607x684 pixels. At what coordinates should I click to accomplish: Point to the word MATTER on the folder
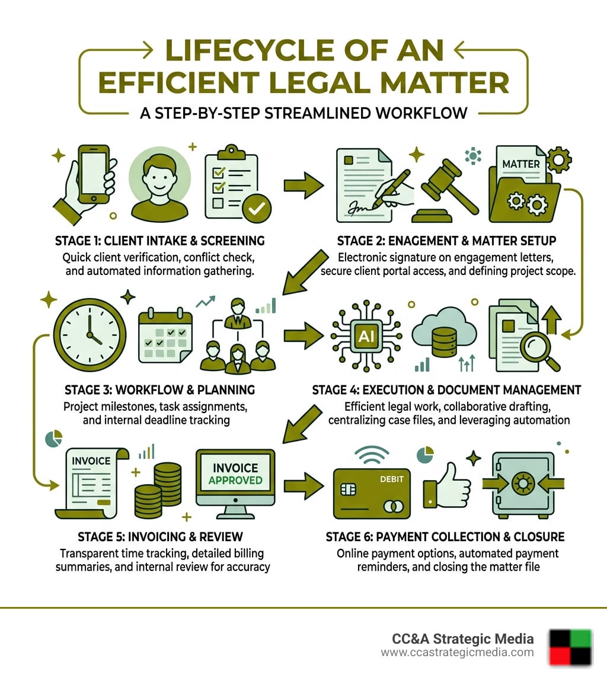(x=521, y=163)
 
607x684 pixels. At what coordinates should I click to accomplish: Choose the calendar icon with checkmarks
(x=165, y=334)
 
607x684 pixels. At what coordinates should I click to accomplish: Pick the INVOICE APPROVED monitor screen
(x=235, y=474)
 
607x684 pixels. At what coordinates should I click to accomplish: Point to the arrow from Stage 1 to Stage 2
(x=303, y=186)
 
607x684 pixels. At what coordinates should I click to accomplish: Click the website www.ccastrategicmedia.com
(x=456, y=653)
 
